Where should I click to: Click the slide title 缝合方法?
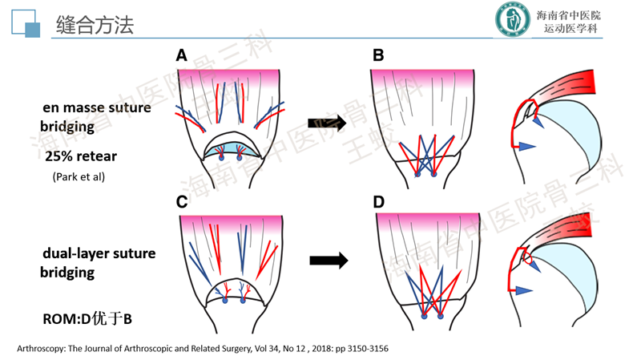coord(95,25)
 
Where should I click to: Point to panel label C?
coord(182,202)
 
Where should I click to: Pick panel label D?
coord(379,202)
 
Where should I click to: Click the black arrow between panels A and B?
coord(326,123)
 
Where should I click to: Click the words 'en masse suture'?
coord(97,108)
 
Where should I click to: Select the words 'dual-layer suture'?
coord(99,254)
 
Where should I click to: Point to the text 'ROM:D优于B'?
coord(87,319)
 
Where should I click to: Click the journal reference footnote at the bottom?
coord(202,349)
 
